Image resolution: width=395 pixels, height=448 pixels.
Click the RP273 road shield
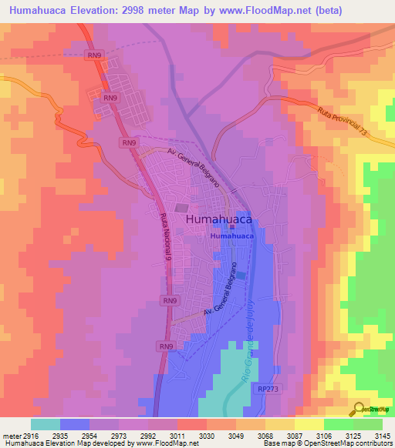click(x=268, y=390)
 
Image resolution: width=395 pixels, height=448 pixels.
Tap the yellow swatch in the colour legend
click(x=309, y=424)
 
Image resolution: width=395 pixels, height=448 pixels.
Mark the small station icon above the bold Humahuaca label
click(x=231, y=226)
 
